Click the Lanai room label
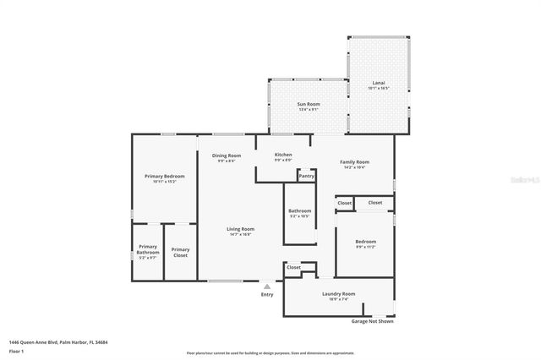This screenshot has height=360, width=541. [x=378, y=82]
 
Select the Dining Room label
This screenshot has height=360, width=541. [x=226, y=155]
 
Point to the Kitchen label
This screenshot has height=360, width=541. [x=283, y=155]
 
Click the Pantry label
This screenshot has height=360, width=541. [x=306, y=176]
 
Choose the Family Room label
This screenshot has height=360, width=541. [x=354, y=161]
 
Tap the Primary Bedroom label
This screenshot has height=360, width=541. [x=163, y=176]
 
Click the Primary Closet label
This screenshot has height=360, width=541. [x=180, y=250]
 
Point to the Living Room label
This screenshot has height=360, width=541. [x=240, y=229]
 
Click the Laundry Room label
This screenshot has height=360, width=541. [x=338, y=293]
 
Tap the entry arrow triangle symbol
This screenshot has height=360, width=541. [x=267, y=286]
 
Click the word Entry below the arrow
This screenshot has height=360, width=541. [x=267, y=294]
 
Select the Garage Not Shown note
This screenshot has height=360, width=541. [x=372, y=321]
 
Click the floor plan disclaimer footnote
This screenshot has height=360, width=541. [x=270, y=352]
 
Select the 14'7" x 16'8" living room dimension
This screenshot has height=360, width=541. [x=240, y=234]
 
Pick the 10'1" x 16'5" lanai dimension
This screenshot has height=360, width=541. [x=378, y=88]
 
